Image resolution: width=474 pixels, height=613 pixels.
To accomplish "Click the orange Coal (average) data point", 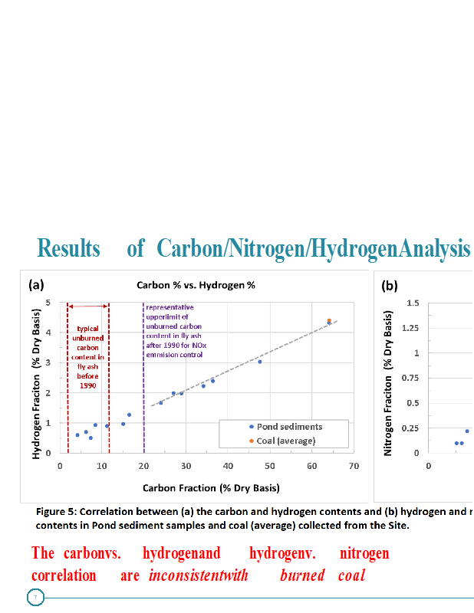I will tap(329, 320).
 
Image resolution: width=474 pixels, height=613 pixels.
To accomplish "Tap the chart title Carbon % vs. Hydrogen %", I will tap(196, 284).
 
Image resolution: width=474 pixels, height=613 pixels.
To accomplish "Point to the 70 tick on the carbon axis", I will tap(354, 465).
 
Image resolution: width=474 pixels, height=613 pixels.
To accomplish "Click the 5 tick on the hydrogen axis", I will tap(50, 302).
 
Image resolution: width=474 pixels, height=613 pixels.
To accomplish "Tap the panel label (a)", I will tap(36, 285).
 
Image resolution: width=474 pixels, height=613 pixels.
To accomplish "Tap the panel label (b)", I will tap(390, 286).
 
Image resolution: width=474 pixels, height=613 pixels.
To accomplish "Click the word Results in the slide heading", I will tap(69, 249).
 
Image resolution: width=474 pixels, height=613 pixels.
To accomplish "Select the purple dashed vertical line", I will tap(143, 383).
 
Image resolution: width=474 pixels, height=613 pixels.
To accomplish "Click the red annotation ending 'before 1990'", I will tap(87, 357).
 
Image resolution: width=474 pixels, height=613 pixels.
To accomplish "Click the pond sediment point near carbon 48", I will tap(260, 361).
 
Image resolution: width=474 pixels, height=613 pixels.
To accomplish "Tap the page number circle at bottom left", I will tap(35, 598).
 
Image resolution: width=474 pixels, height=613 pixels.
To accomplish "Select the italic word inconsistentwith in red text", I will tap(199, 575).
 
